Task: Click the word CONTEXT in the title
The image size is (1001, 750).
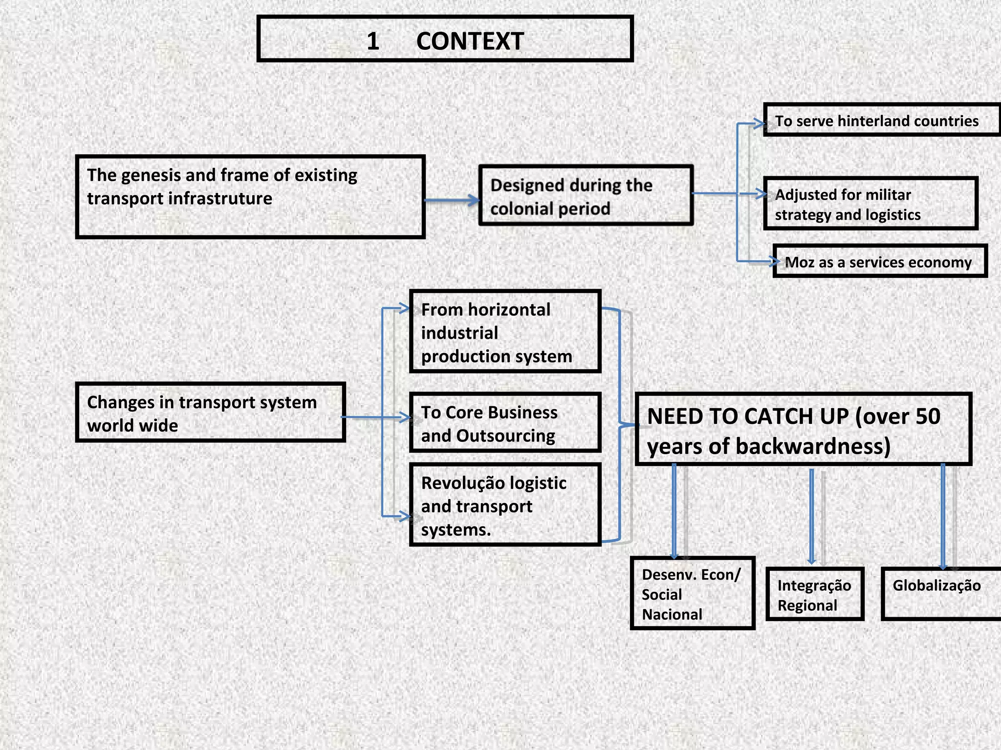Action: (x=470, y=41)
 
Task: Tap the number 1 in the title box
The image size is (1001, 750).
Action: (x=373, y=41)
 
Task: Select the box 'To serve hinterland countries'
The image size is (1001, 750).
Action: (x=881, y=120)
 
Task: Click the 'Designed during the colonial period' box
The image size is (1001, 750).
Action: (x=586, y=195)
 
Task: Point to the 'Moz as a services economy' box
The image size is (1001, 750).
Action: (x=879, y=262)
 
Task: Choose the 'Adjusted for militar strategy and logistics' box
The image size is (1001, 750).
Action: (x=870, y=204)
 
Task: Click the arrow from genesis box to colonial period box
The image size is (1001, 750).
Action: (x=452, y=200)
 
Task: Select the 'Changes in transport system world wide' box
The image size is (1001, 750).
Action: (x=211, y=413)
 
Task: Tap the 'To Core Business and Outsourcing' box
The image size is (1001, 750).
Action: (x=505, y=423)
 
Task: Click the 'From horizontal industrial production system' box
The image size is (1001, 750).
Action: (x=505, y=332)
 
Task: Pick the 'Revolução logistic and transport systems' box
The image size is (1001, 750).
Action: (x=505, y=505)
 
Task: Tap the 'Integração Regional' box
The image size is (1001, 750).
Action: (x=815, y=594)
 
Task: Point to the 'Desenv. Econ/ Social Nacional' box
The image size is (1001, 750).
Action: (x=692, y=593)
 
